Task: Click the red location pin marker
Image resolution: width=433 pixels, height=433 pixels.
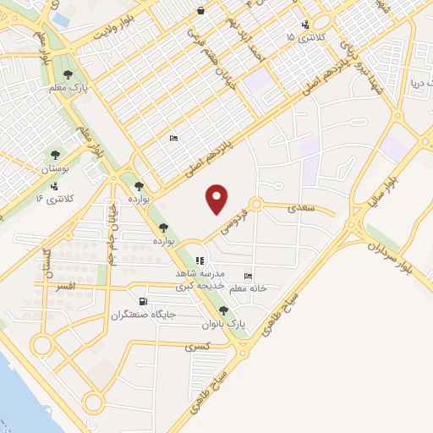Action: pyautogui.click(x=218, y=200)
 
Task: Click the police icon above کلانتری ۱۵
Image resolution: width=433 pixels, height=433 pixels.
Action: pyautogui.click(x=304, y=25)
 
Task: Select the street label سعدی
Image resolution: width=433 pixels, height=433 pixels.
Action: pyautogui.click(x=302, y=206)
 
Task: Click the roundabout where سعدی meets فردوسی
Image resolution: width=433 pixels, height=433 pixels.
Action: pyautogui.click(x=255, y=205)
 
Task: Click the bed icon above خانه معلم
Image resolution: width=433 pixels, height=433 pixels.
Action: pyautogui.click(x=248, y=276)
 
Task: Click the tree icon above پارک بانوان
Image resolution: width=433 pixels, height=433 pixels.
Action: pyautogui.click(x=223, y=310)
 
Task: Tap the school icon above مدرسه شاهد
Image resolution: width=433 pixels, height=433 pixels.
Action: pyautogui.click(x=200, y=261)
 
